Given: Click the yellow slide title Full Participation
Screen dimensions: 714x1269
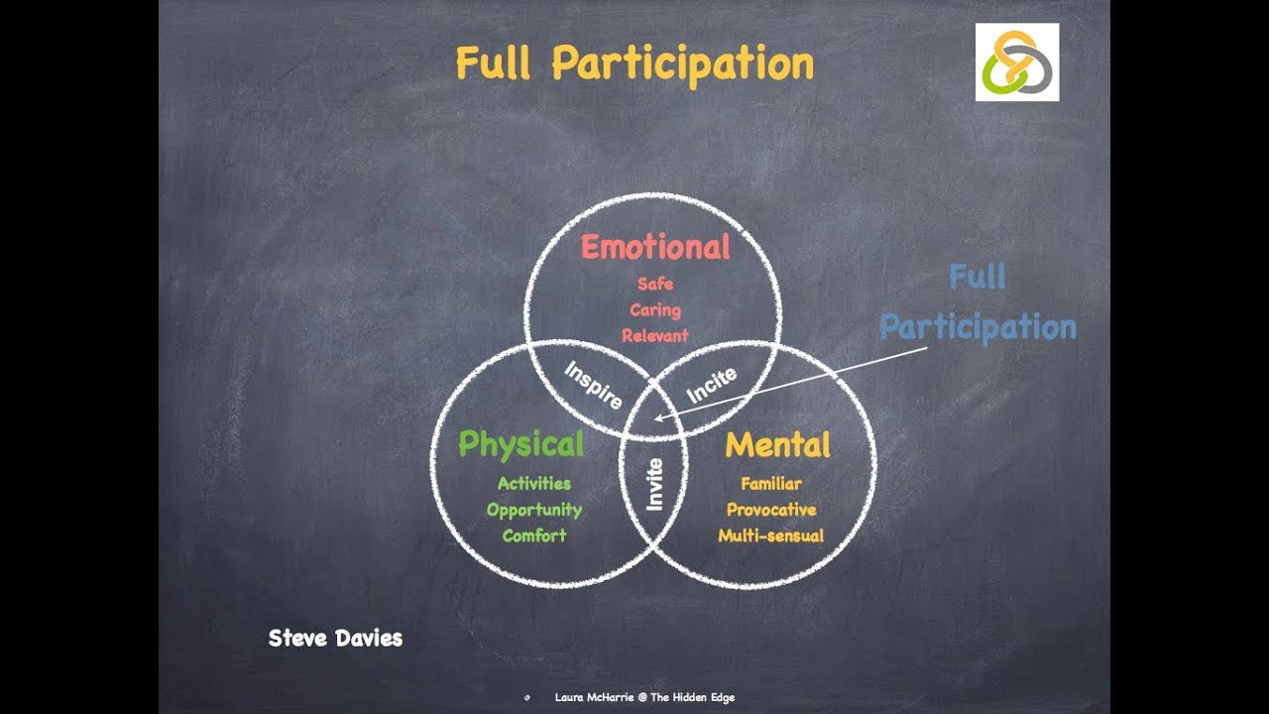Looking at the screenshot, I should coord(634,64).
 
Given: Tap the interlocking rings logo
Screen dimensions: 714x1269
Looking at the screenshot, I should coord(1016,62).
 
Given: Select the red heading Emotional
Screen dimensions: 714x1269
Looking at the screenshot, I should coord(655,246).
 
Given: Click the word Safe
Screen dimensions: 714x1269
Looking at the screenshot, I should coord(655,284).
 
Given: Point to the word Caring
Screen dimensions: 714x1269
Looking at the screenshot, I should coord(655,309).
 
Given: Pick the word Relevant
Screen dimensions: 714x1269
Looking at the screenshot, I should coord(655,335).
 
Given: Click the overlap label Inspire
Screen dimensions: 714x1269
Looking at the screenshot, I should coord(593,385).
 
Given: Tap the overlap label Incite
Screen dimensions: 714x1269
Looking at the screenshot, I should coord(712,385).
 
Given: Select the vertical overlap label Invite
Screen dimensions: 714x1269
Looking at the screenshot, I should coord(654,484).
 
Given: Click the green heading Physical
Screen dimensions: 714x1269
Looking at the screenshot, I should coord(520,444).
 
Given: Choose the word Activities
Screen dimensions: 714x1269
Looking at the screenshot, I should coord(534,484).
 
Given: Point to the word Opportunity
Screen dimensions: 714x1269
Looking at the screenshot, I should coord(534,510).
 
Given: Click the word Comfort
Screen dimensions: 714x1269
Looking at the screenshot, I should coord(534,535).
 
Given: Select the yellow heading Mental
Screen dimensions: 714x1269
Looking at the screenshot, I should coord(777,444).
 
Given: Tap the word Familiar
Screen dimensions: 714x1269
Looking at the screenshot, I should coord(771,484).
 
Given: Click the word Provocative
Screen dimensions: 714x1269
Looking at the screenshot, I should coord(771,510).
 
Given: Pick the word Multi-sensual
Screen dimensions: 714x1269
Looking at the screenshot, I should coord(771,535).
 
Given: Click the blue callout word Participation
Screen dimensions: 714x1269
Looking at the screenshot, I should coord(978,327).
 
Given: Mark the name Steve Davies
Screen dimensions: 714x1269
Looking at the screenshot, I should coord(335,638).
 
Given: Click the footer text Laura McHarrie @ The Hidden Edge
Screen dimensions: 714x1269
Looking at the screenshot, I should coord(644,697).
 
